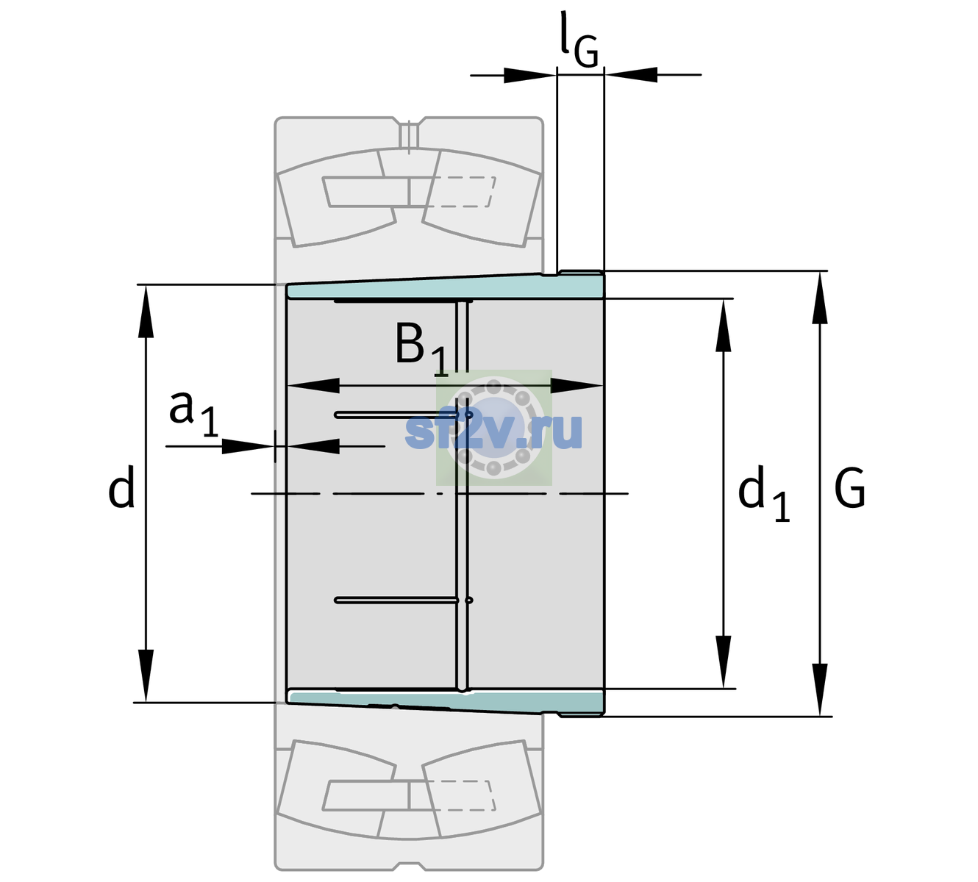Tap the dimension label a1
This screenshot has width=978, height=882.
pos(193,414)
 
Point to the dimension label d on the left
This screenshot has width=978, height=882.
pos(121,487)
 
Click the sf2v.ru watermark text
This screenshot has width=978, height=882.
pos(493,431)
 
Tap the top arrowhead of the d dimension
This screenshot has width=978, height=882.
pos(146,311)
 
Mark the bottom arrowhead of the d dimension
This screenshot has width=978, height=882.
pos(146,676)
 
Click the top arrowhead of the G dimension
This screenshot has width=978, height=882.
pos(820,298)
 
